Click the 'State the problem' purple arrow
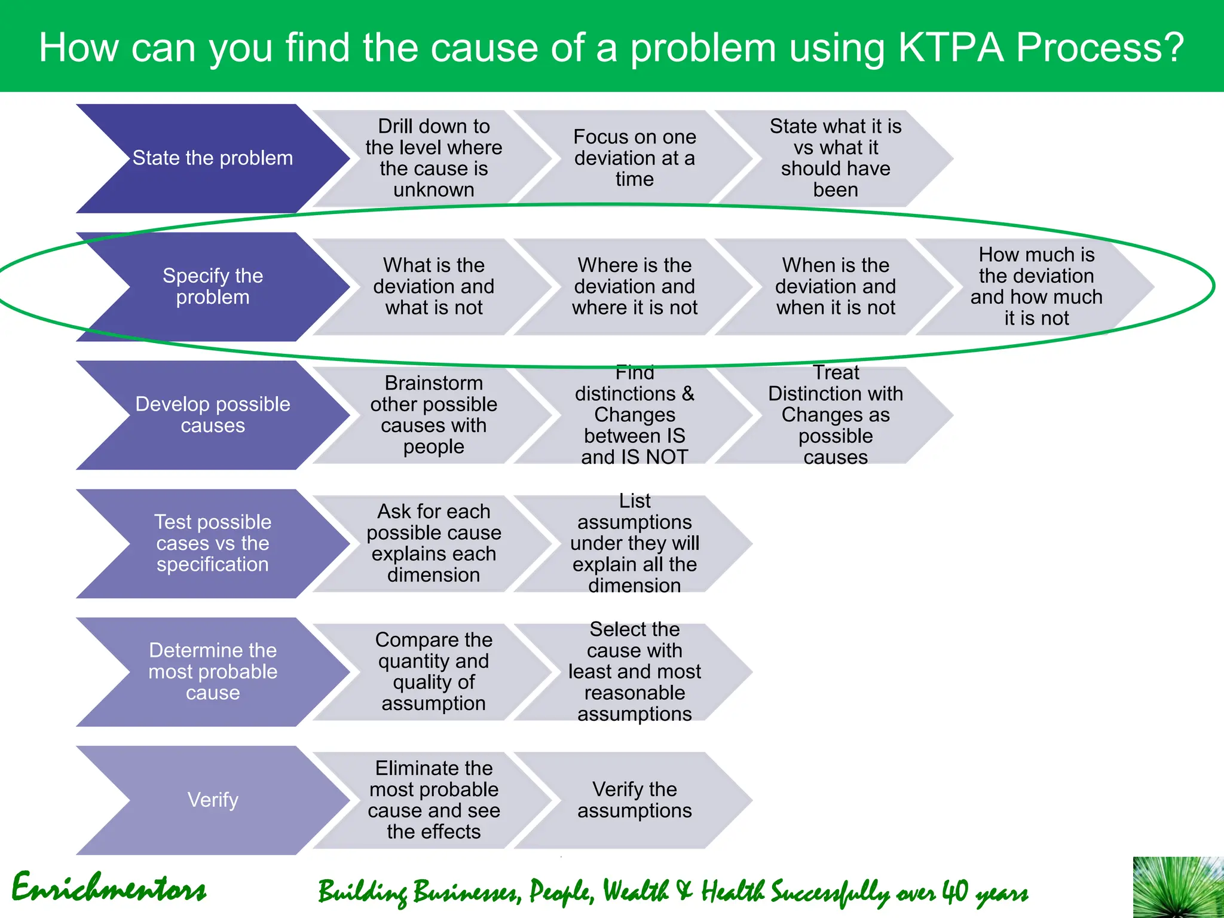pos(212,158)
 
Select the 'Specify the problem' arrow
pos(212,286)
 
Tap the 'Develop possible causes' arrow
pos(212,415)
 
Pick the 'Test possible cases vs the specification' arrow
pos(212,543)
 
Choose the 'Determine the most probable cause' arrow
pos(212,671)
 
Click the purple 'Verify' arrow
pos(212,800)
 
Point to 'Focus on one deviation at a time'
pos(634,158)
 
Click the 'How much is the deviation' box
pos(1036,286)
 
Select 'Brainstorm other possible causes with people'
pos(433,415)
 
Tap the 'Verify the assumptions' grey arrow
pos(634,800)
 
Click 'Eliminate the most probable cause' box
pos(433,800)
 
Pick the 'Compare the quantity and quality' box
pos(433,671)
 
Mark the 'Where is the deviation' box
pos(634,286)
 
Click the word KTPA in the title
pos(950,48)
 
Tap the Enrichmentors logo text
pos(109,888)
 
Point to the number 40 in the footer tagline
pos(955,892)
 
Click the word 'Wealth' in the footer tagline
pos(635,892)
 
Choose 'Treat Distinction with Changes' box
pos(835,415)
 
